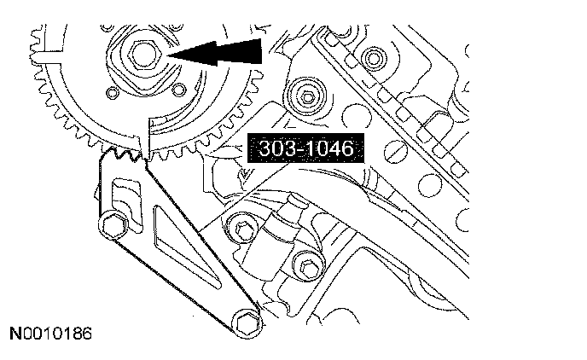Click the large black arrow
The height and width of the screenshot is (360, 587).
tap(215, 52)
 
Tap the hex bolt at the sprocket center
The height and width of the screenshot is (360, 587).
tap(144, 55)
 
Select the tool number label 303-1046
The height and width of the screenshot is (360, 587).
tap(305, 148)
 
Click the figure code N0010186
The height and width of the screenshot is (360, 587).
tap(50, 334)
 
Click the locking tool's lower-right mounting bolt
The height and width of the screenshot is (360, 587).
tap(247, 323)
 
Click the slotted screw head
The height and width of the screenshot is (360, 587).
tap(396, 152)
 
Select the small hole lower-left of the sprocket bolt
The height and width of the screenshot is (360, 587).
tap(112, 93)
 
